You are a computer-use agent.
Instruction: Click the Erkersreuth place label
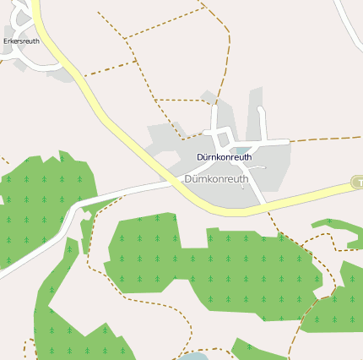[21, 41]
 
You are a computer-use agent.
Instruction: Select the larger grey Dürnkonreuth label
[216, 179]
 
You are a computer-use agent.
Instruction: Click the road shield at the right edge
[357, 183]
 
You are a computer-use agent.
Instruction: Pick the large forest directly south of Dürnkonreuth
[211, 262]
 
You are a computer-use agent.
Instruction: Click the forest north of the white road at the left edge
[34, 203]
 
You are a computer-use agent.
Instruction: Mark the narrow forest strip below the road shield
[338, 227]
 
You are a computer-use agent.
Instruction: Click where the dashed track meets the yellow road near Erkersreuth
[84, 76]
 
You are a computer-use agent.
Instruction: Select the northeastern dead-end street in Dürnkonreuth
[263, 118]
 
